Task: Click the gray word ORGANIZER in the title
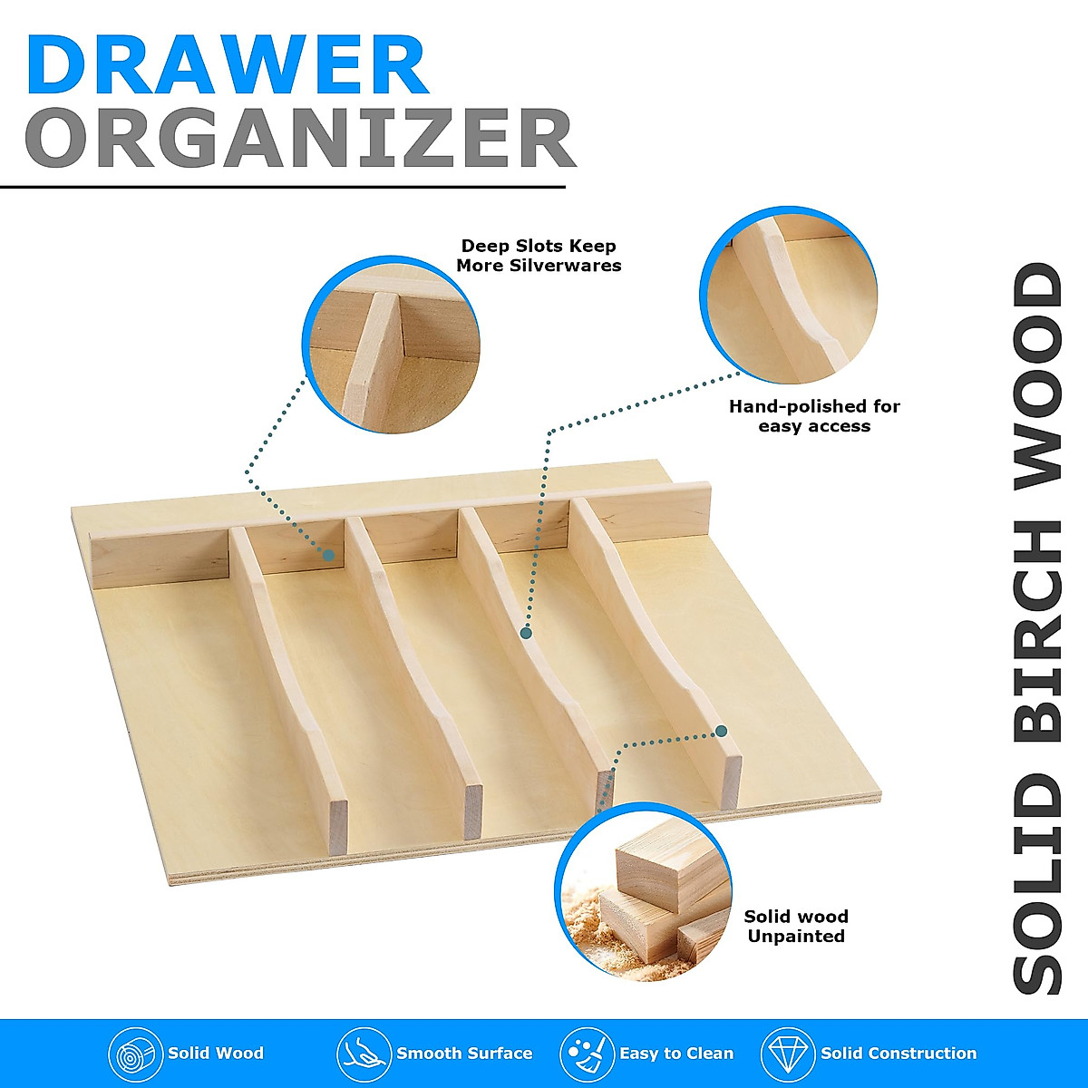pyautogui.click(x=299, y=139)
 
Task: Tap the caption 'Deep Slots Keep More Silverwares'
pyautogui.click(x=539, y=256)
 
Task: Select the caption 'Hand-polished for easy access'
pyautogui.click(x=814, y=416)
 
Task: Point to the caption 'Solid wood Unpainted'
pyautogui.click(x=796, y=927)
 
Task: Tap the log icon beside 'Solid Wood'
pyautogui.click(x=135, y=1054)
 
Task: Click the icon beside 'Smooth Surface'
pyautogui.click(x=364, y=1054)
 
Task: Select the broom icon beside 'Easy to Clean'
pyautogui.click(x=586, y=1054)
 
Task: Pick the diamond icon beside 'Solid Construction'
pyautogui.click(x=788, y=1054)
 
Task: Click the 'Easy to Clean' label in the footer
pyautogui.click(x=676, y=1054)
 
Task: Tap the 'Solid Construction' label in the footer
pyautogui.click(x=899, y=1054)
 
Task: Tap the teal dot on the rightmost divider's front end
pyautogui.click(x=722, y=731)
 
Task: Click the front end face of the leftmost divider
pyautogui.click(x=337, y=827)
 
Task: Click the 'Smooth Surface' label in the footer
pyautogui.click(x=464, y=1054)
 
